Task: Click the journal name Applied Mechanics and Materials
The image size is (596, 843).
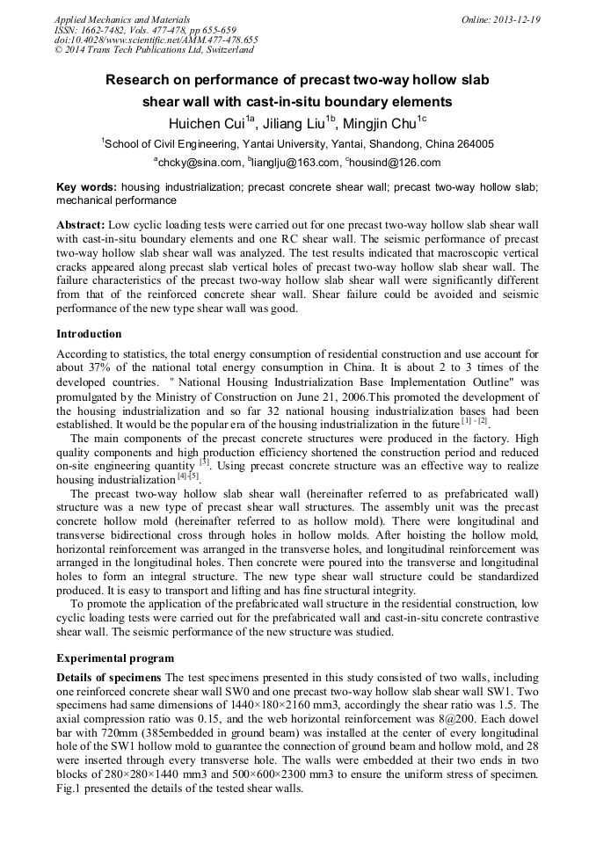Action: pyautogui.click(x=110, y=18)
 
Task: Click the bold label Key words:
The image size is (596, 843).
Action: pyautogui.click(x=86, y=187)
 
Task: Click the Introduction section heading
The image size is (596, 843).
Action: pyautogui.click(x=89, y=334)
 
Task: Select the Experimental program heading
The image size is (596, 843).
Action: pyautogui.click(x=115, y=658)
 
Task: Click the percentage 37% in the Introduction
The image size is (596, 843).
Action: pyautogui.click(x=108, y=367)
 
